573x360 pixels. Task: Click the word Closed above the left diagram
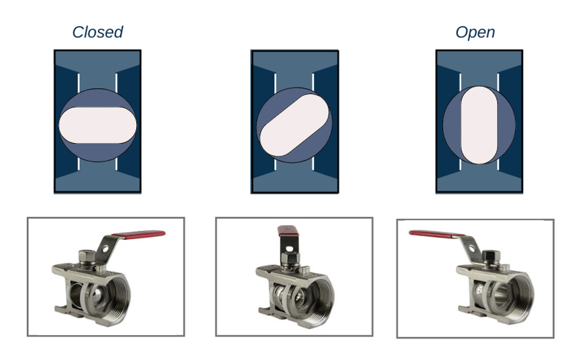(97, 33)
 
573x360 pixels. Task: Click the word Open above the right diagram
(475, 33)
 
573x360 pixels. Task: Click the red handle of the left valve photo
(139, 235)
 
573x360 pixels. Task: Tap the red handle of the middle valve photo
(286, 231)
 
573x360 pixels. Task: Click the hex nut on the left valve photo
(86, 256)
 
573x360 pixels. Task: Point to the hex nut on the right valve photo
(491, 256)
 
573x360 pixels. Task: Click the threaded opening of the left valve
(115, 291)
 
